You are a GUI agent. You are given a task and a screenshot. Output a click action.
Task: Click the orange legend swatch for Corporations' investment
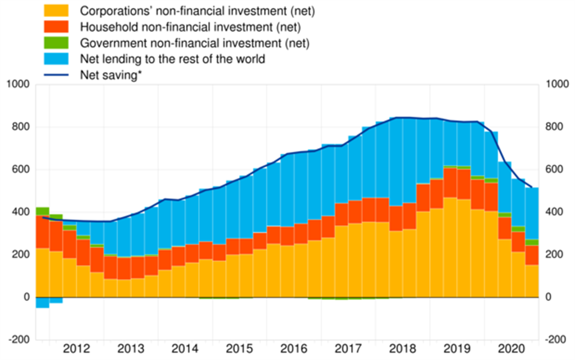pos(56,11)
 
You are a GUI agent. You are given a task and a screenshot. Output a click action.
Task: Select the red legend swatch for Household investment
pos(56,27)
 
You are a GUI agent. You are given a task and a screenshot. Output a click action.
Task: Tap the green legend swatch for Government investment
pos(56,43)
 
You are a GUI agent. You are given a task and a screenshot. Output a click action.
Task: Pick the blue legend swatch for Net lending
pos(56,59)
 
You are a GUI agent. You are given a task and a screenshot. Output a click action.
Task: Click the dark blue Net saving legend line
pos(56,75)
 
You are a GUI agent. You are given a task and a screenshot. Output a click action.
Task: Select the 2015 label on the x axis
pos(239,348)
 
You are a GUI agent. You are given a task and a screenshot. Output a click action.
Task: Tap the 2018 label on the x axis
pos(402,348)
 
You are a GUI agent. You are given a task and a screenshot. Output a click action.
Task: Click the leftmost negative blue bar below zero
pos(42,302)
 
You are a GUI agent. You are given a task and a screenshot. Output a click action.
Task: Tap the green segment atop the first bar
pos(42,211)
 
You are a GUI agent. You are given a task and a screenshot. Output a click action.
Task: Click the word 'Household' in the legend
pos(102,27)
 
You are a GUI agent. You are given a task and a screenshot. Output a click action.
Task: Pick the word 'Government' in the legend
pos(106,43)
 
